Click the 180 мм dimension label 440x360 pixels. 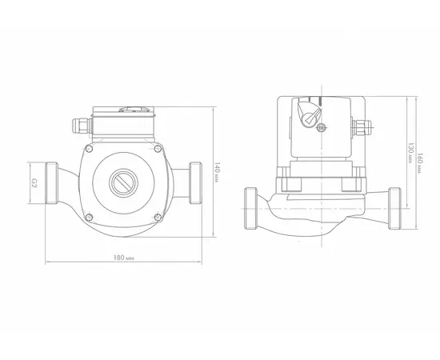[124, 258]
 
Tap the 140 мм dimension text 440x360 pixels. [217, 172]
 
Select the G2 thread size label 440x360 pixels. [34, 183]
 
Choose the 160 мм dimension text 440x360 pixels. [420, 163]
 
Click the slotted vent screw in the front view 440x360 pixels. [123, 182]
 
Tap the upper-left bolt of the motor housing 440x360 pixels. [90, 149]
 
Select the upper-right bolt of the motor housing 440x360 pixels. [158, 149]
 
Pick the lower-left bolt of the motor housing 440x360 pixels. [89, 217]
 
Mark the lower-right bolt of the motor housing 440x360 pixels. [158, 217]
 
